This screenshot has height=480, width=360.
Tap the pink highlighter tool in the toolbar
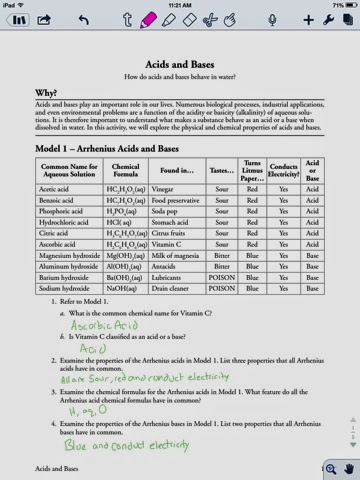click(148, 19)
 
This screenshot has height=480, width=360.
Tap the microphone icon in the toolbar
click(272, 19)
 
